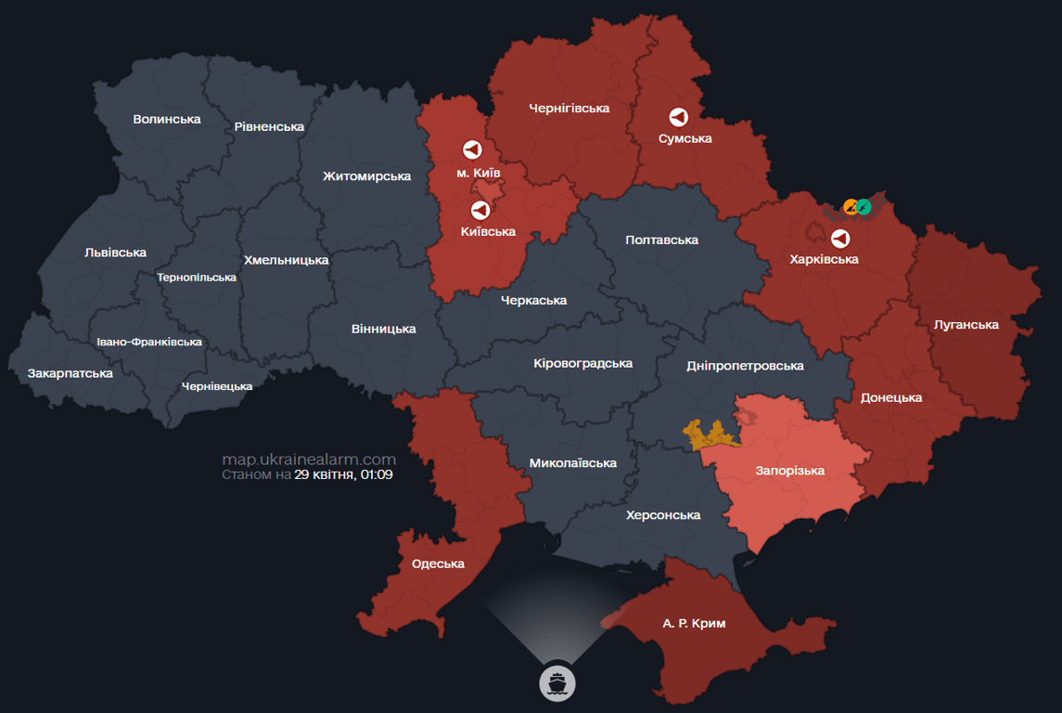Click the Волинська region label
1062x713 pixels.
click(x=167, y=119)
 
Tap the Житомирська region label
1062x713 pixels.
click(x=366, y=176)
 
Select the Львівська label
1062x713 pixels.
click(x=115, y=253)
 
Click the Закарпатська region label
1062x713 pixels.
click(x=70, y=373)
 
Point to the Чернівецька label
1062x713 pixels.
click(x=217, y=386)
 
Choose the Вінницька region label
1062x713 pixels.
click(x=384, y=329)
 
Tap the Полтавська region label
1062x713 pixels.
click(x=661, y=240)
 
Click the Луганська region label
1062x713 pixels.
click(x=966, y=325)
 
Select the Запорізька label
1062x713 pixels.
click(x=789, y=471)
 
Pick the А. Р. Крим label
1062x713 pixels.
click(x=694, y=624)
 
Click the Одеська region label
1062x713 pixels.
click(x=438, y=564)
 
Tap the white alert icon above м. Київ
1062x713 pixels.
click(x=472, y=149)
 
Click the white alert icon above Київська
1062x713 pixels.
click(x=480, y=210)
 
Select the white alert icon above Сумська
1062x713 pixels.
click(x=679, y=117)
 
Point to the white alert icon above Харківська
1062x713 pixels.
click(x=840, y=238)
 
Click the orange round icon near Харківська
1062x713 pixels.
click(x=851, y=206)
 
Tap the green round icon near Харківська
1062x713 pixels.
click(x=864, y=206)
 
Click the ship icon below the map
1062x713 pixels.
click(x=557, y=682)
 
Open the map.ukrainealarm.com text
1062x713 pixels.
click(x=309, y=460)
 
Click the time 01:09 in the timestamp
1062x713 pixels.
click(x=377, y=474)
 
